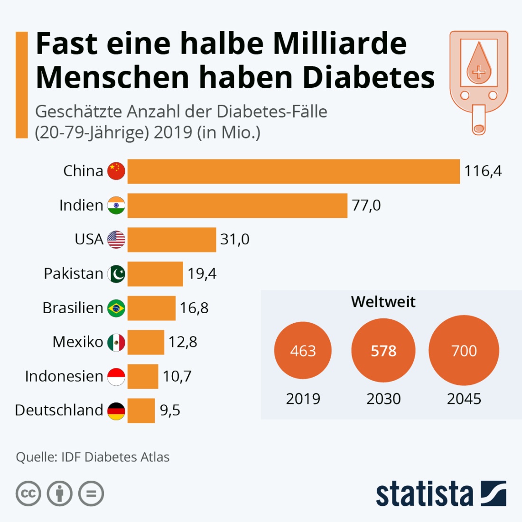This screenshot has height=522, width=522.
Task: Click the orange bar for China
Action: [x=293, y=171]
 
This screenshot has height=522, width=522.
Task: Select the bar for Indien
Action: [x=237, y=205]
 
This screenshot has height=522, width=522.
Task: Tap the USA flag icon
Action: [x=116, y=240]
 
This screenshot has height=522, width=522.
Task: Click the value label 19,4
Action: [x=202, y=274]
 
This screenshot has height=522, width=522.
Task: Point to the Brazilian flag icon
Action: [x=116, y=308]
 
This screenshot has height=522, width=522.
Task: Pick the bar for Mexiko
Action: [x=146, y=342]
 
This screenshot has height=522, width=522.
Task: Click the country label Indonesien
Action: [x=64, y=376]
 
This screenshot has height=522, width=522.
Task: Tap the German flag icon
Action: [x=116, y=410]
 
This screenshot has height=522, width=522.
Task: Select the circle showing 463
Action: [x=303, y=351]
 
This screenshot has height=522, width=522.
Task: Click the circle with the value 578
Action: [x=383, y=351]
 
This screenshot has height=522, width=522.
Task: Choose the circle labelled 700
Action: [x=464, y=351]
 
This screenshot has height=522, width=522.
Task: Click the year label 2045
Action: [x=464, y=399]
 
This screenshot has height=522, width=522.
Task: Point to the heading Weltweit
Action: [x=383, y=302]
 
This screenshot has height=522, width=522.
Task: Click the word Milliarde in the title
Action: [x=340, y=44]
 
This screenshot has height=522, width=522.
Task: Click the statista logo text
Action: [x=424, y=494]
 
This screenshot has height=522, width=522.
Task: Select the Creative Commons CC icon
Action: [x=28, y=494]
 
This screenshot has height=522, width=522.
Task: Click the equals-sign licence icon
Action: [x=91, y=494]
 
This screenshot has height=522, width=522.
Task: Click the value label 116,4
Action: [x=483, y=171]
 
